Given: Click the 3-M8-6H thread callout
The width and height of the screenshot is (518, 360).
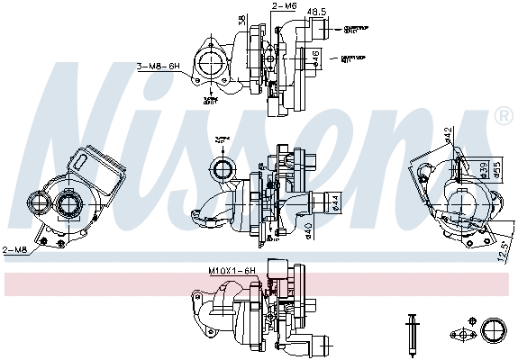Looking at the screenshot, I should (x=159, y=67).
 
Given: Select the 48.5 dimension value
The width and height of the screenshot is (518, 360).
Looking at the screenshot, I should (x=317, y=13).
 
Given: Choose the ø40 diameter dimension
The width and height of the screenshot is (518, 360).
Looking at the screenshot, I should (x=309, y=231).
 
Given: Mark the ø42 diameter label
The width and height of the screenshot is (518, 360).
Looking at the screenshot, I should (x=449, y=136).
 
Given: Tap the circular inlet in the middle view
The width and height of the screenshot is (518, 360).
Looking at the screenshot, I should (x=221, y=167).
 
